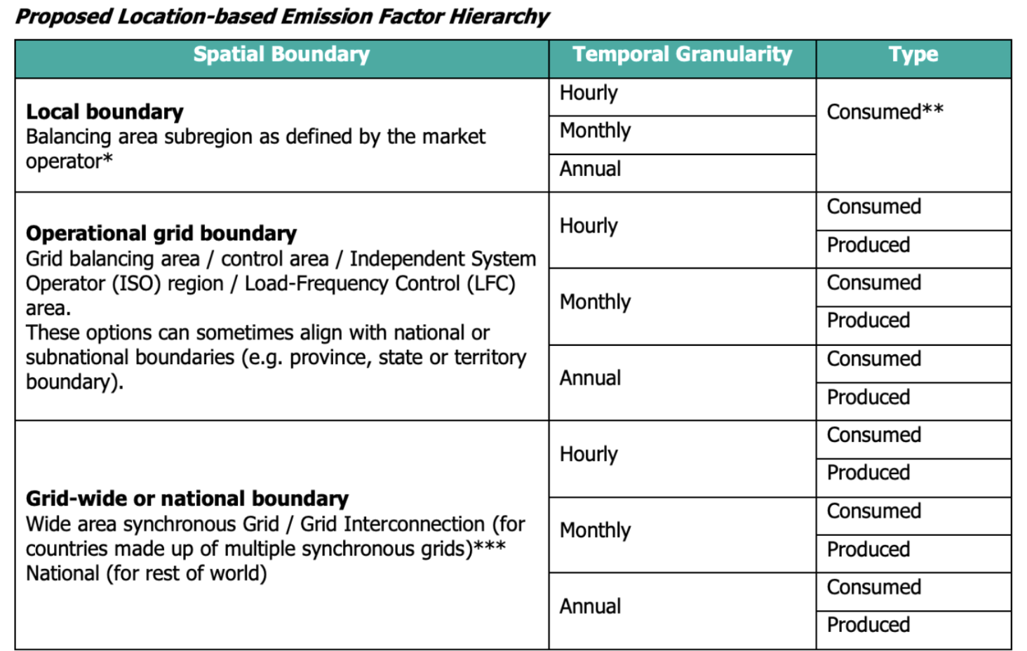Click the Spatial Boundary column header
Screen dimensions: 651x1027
pyautogui.click(x=281, y=55)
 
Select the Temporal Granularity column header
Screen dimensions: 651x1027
pyautogui.click(x=682, y=55)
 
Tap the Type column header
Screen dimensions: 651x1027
pyautogui.click(x=913, y=55)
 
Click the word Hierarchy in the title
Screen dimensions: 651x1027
pyautogui.click(x=499, y=16)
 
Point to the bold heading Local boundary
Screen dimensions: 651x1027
pyautogui.click(x=105, y=112)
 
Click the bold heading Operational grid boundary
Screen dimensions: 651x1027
pyautogui.click(x=161, y=233)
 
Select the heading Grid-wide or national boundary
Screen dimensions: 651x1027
pyautogui.click(x=187, y=498)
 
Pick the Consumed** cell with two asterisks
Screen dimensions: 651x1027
pyautogui.click(x=885, y=112)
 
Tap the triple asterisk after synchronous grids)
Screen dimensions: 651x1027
pyautogui.click(x=490, y=546)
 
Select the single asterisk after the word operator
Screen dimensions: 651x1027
pyautogui.click(x=107, y=159)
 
